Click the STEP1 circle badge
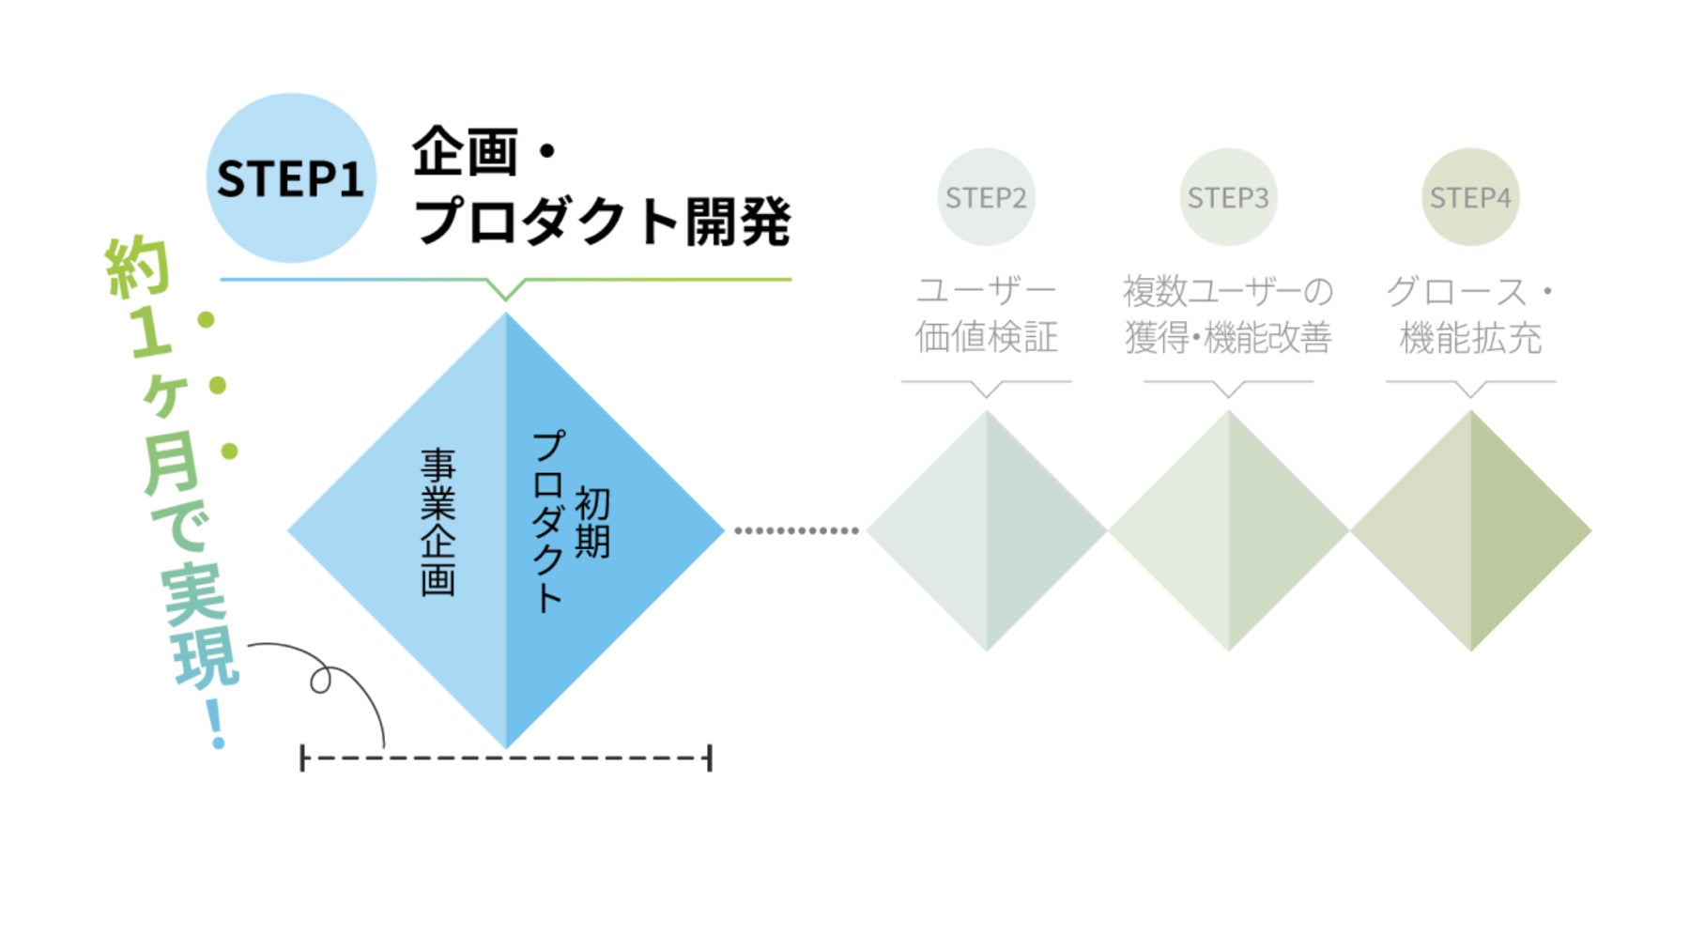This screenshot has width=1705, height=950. coord(290,177)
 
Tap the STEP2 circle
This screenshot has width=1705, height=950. coord(986,197)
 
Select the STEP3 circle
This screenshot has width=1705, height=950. coord(1228,197)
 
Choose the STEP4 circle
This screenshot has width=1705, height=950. coord(1470,197)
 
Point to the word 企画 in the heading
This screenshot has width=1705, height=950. coord(465,151)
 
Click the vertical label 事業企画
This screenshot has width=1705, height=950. coord(438,521)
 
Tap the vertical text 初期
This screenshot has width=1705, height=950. coord(592,522)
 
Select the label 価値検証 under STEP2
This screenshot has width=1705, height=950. coord(986,337)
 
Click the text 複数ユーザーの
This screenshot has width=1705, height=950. coord(1228,291)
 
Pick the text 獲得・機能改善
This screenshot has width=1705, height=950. coord(1228,337)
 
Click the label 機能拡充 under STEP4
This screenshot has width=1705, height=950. coord(1470,337)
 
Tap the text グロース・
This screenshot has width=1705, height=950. coord(1470,291)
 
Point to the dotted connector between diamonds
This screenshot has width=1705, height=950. coord(796,530)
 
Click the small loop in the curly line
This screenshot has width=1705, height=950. coord(321,680)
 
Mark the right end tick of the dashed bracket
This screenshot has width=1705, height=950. coord(710,758)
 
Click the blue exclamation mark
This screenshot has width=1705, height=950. coord(216,723)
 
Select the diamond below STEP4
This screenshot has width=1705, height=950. coord(1470,530)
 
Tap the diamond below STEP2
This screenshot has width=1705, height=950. coord(986,530)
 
